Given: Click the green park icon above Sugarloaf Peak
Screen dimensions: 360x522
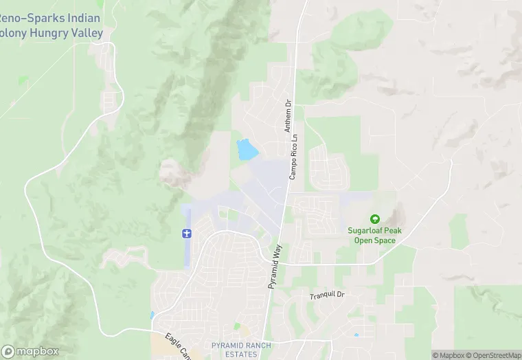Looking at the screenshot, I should point(374,218).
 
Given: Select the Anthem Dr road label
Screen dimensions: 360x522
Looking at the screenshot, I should point(288,116).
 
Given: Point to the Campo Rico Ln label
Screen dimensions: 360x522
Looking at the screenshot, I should point(293,157).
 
